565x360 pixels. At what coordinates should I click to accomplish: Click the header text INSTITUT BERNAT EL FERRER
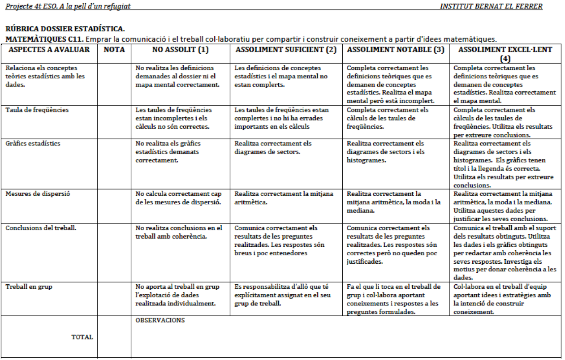click(x=491, y=6)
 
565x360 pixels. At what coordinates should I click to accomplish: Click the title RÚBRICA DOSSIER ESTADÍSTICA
click(x=65, y=30)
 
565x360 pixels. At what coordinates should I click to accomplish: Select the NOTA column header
click(x=114, y=50)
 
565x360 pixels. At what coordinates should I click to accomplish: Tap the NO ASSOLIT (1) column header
click(x=181, y=50)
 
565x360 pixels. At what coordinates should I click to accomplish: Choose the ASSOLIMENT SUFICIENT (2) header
click(x=286, y=50)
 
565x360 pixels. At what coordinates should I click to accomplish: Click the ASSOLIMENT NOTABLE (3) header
click(x=396, y=50)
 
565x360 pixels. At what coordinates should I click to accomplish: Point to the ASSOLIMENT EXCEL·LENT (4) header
click(x=505, y=54)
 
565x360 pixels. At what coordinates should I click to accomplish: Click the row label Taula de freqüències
click(x=31, y=110)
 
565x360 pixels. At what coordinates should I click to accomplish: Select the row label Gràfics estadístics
click(x=33, y=144)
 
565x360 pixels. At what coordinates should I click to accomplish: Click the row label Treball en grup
click(x=29, y=287)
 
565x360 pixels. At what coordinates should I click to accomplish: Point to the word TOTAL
click(x=82, y=337)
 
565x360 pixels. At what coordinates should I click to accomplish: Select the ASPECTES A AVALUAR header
click(x=49, y=50)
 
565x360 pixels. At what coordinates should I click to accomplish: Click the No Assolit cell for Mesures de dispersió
click(x=178, y=198)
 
